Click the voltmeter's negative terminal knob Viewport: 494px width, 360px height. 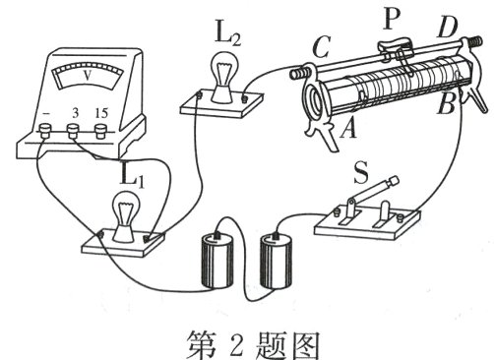coord(45,130)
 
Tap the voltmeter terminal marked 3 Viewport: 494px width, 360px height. coord(73,131)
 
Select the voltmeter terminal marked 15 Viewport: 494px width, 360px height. coord(100,131)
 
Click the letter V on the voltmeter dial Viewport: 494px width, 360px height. coord(88,76)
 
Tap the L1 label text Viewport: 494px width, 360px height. coord(132,176)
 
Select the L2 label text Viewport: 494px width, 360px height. coord(228,33)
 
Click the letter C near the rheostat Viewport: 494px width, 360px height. coord(321,46)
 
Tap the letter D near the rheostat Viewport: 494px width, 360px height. coord(448,28)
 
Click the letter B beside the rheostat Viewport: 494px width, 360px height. coord(446,102)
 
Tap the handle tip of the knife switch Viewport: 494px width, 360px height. coord(394,181)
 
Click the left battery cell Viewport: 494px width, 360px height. coord(217,260)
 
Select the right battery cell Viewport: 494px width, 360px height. coord(276,260)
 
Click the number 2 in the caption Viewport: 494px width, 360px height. coord(236,344)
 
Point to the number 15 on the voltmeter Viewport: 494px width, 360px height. coord(101,113)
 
